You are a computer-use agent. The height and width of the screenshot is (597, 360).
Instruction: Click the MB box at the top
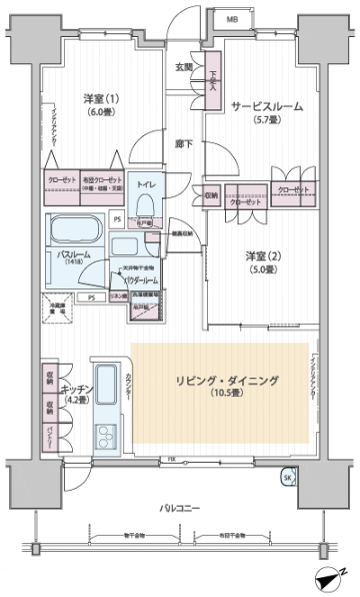tap(232, 18)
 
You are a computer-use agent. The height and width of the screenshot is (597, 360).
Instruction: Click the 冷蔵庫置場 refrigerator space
tap(58, 312)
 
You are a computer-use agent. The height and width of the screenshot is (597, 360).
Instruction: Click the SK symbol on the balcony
tap(287, 476)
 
